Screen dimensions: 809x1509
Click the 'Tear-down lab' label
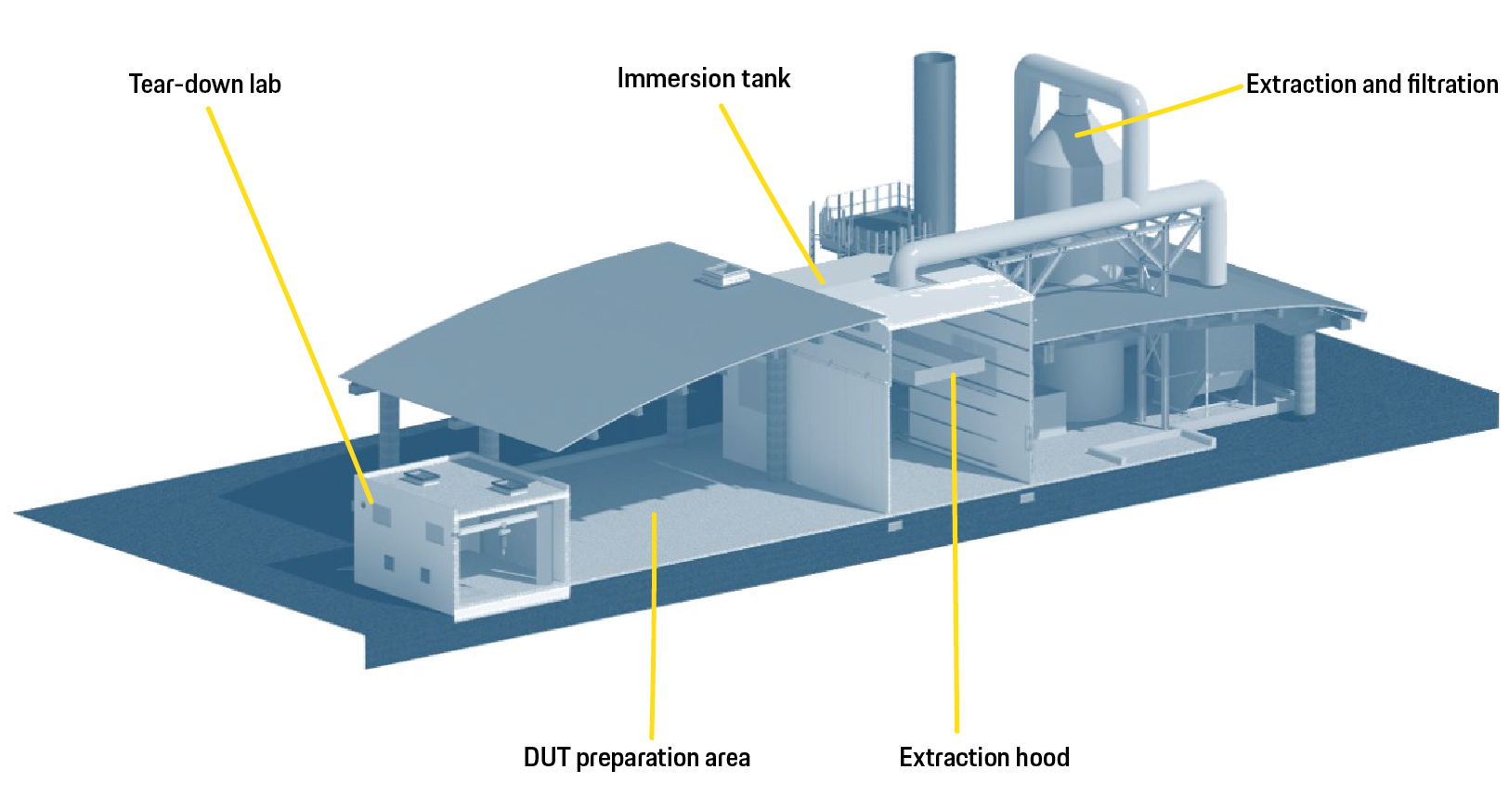point(204,85)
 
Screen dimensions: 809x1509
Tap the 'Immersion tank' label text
point(703,79)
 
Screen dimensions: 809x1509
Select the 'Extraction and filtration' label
point(1371,85)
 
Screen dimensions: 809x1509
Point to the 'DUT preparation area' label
point(636,758)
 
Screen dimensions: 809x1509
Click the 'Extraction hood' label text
point(983,758)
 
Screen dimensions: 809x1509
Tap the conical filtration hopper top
point(1068,139)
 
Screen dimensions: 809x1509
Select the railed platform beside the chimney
point(864,218)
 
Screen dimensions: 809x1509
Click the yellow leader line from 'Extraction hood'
point(955,557)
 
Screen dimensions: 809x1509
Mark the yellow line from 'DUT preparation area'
point(653,632)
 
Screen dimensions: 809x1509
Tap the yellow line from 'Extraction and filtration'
point(1161,111)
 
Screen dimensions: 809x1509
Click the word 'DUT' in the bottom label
point(546,758)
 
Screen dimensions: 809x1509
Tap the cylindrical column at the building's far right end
point(1306,372)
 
